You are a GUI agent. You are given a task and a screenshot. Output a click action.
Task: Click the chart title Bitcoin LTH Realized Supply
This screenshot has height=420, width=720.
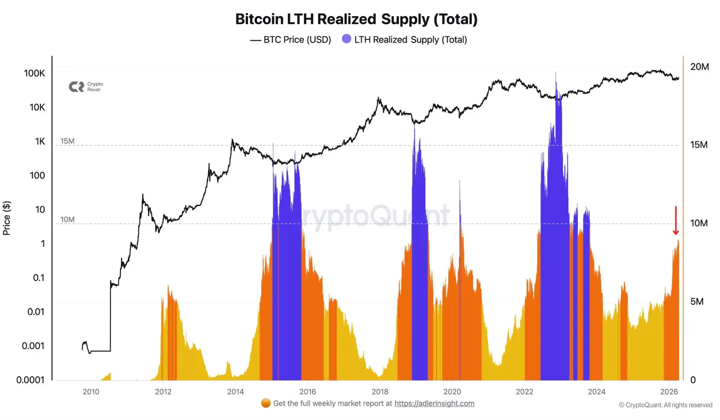[356, 19]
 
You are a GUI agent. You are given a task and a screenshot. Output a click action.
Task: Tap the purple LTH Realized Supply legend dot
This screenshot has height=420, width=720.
[347, 39]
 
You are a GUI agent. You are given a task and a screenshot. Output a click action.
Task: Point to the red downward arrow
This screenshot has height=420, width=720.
[675, 221]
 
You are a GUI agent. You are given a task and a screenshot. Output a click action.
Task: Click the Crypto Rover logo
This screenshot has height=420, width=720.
[86, 87]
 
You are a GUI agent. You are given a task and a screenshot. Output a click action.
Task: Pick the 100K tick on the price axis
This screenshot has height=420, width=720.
[34, 73]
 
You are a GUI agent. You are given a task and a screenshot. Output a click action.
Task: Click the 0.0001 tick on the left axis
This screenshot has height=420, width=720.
[30, 380]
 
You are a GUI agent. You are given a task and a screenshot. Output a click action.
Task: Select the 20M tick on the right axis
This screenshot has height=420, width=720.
[699, 67]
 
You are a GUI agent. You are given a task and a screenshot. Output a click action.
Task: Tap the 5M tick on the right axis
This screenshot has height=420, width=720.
[697, 302]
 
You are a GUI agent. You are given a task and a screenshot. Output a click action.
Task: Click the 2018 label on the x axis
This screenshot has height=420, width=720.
[380, 392]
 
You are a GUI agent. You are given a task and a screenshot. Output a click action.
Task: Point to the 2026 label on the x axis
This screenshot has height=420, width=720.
[669, 392]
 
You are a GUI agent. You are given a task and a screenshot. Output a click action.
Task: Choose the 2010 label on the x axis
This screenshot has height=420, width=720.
[91, 392]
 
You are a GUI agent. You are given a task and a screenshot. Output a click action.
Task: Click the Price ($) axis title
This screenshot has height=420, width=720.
[7, 218]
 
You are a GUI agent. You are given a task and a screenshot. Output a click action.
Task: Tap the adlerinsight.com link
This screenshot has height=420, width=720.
[434, 403]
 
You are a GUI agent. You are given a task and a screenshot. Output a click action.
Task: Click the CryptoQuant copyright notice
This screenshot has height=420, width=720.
[666, 405]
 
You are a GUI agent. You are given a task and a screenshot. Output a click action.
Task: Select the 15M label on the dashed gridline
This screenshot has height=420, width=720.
[67, 141]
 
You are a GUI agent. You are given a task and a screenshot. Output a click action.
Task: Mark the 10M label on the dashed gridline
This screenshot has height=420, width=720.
[67, 219]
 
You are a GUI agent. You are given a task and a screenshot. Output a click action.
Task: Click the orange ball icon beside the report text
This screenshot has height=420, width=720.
[266, 403]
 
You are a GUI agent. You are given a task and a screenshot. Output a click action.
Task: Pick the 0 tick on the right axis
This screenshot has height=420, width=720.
[693, 380]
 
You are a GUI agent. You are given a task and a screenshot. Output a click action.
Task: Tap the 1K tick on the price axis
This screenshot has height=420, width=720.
[40, 141]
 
